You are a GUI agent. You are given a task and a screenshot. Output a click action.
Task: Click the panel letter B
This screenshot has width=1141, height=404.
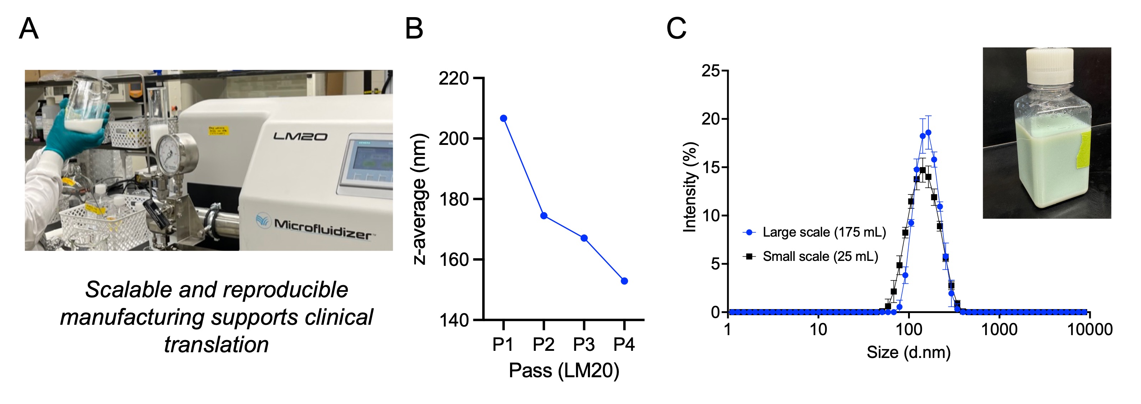[x=414, y=29]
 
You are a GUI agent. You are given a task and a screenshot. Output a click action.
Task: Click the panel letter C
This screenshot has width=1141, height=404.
[x=676, y=29]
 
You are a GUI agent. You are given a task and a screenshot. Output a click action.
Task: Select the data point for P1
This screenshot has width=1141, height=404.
[x=504, y=118]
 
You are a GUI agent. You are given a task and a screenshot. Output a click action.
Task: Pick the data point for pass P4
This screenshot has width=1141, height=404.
[x=625, y=281]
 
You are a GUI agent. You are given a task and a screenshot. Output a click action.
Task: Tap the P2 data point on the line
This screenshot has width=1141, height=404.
[x=544, y=216]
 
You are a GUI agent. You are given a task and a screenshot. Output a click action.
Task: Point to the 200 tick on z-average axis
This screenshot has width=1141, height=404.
[x=454, y=139]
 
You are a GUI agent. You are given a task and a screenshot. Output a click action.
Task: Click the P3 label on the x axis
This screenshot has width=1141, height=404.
[x=584, y=344]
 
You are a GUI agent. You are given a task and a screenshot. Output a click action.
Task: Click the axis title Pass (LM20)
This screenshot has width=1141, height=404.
[x=564, y=370]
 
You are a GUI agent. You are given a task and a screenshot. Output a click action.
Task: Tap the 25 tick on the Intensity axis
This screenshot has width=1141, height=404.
[x=711, y=70]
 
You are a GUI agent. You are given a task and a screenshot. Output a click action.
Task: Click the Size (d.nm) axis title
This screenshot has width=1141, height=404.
[x=908, y=352]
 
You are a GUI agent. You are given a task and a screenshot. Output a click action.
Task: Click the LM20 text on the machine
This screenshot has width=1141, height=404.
[x=300, y=136]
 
